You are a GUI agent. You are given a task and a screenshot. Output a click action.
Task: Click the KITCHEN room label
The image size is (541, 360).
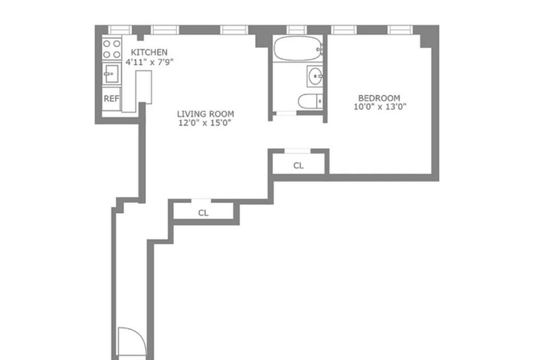click(149, 53)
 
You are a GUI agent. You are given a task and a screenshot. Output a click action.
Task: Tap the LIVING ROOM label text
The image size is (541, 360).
click(206, 114)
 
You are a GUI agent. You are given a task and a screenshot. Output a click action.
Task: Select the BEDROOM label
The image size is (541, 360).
click(379, 98)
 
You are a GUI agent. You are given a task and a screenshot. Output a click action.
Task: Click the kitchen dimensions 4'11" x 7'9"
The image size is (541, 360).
click(149, 62)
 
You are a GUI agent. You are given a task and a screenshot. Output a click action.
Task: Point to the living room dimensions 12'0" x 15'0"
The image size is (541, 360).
click(205, 123)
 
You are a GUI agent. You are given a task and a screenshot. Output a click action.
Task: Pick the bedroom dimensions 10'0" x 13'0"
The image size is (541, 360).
click(380, 107)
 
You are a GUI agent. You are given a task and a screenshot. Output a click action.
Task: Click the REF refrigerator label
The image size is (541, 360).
click(111, 99)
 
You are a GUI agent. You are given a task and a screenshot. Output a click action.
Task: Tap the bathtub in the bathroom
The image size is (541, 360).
click(298, 48)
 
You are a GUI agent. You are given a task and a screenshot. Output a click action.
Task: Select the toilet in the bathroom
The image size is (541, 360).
click(310, 101)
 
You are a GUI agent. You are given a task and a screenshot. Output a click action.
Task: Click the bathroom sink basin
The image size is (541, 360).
click(315, 76)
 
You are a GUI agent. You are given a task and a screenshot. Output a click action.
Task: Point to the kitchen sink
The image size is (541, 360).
click(111, 74)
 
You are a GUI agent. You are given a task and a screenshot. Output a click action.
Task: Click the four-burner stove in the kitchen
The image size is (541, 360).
click(112, 49)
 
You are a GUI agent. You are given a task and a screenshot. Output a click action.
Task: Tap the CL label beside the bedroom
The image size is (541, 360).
click(298, 165)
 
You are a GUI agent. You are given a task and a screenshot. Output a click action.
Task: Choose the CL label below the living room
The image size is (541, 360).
click(203, 212)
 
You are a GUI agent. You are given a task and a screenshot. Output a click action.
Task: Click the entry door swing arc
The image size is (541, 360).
click(141, 335)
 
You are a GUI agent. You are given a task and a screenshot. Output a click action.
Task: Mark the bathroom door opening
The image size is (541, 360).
click(285, 113)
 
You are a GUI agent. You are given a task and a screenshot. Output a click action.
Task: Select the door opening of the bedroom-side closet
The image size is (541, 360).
click(298, 151)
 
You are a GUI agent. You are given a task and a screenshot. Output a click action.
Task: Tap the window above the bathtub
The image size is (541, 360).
click(297, 29)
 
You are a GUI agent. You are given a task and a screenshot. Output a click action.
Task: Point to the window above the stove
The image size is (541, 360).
click(120, 29)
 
